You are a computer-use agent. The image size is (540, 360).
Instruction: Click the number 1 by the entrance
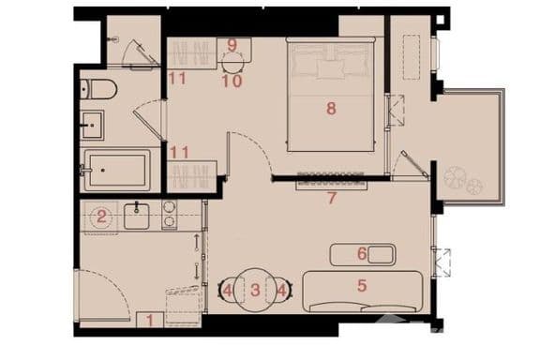(150, 321)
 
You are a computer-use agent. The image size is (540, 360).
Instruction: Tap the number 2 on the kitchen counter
(101, 217)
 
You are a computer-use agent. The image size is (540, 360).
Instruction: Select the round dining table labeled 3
(255, 291)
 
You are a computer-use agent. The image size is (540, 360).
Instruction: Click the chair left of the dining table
(227, 291)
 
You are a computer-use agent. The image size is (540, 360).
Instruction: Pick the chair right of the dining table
(283, 291)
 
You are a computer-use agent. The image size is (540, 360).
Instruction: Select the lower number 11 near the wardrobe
(180, 152)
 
